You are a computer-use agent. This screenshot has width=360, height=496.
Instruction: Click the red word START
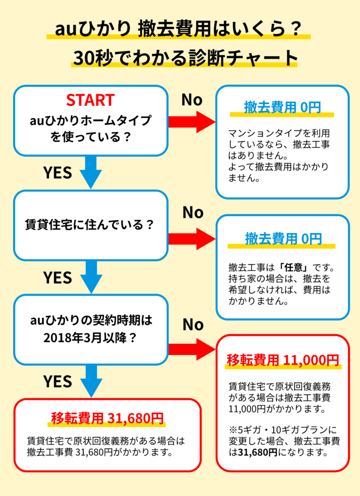[91, 100]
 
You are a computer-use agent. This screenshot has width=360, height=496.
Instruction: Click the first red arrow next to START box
[191, 122]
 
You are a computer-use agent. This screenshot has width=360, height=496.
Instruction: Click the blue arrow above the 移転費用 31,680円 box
[91, 381]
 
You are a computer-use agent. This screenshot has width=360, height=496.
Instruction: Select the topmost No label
[191, 100]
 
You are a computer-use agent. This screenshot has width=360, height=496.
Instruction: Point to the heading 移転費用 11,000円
[282, 360]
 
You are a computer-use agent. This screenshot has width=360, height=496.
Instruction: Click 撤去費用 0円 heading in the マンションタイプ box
[282, 108]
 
